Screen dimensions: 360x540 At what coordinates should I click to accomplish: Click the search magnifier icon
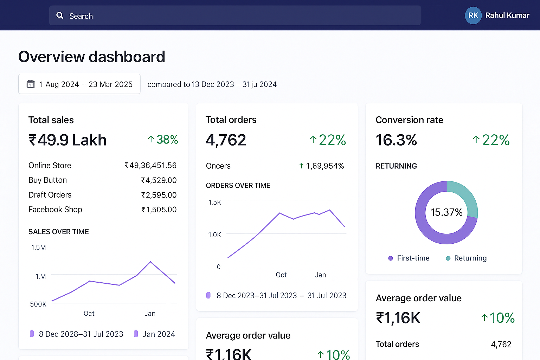60,15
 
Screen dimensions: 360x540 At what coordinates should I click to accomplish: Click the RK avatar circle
473,15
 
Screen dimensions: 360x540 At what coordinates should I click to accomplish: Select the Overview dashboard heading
92,57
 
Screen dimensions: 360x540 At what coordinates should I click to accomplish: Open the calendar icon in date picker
31,84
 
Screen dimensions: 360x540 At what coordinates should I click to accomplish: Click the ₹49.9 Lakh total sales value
67,140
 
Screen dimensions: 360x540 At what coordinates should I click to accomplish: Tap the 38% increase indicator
163,140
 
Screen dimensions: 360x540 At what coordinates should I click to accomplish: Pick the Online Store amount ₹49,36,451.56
150,165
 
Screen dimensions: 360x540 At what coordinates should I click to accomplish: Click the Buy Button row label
47,180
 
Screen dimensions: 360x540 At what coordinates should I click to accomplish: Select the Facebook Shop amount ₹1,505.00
159,210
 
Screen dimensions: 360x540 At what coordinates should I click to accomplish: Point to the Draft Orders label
50,195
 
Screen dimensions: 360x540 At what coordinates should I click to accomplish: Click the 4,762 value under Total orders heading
226,140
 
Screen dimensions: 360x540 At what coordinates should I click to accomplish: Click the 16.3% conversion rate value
396,140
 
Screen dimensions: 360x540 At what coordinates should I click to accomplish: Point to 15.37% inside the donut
446,212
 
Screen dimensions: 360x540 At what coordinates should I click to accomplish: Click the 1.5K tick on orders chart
214,202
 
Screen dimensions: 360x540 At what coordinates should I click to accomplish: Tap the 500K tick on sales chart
38,304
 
